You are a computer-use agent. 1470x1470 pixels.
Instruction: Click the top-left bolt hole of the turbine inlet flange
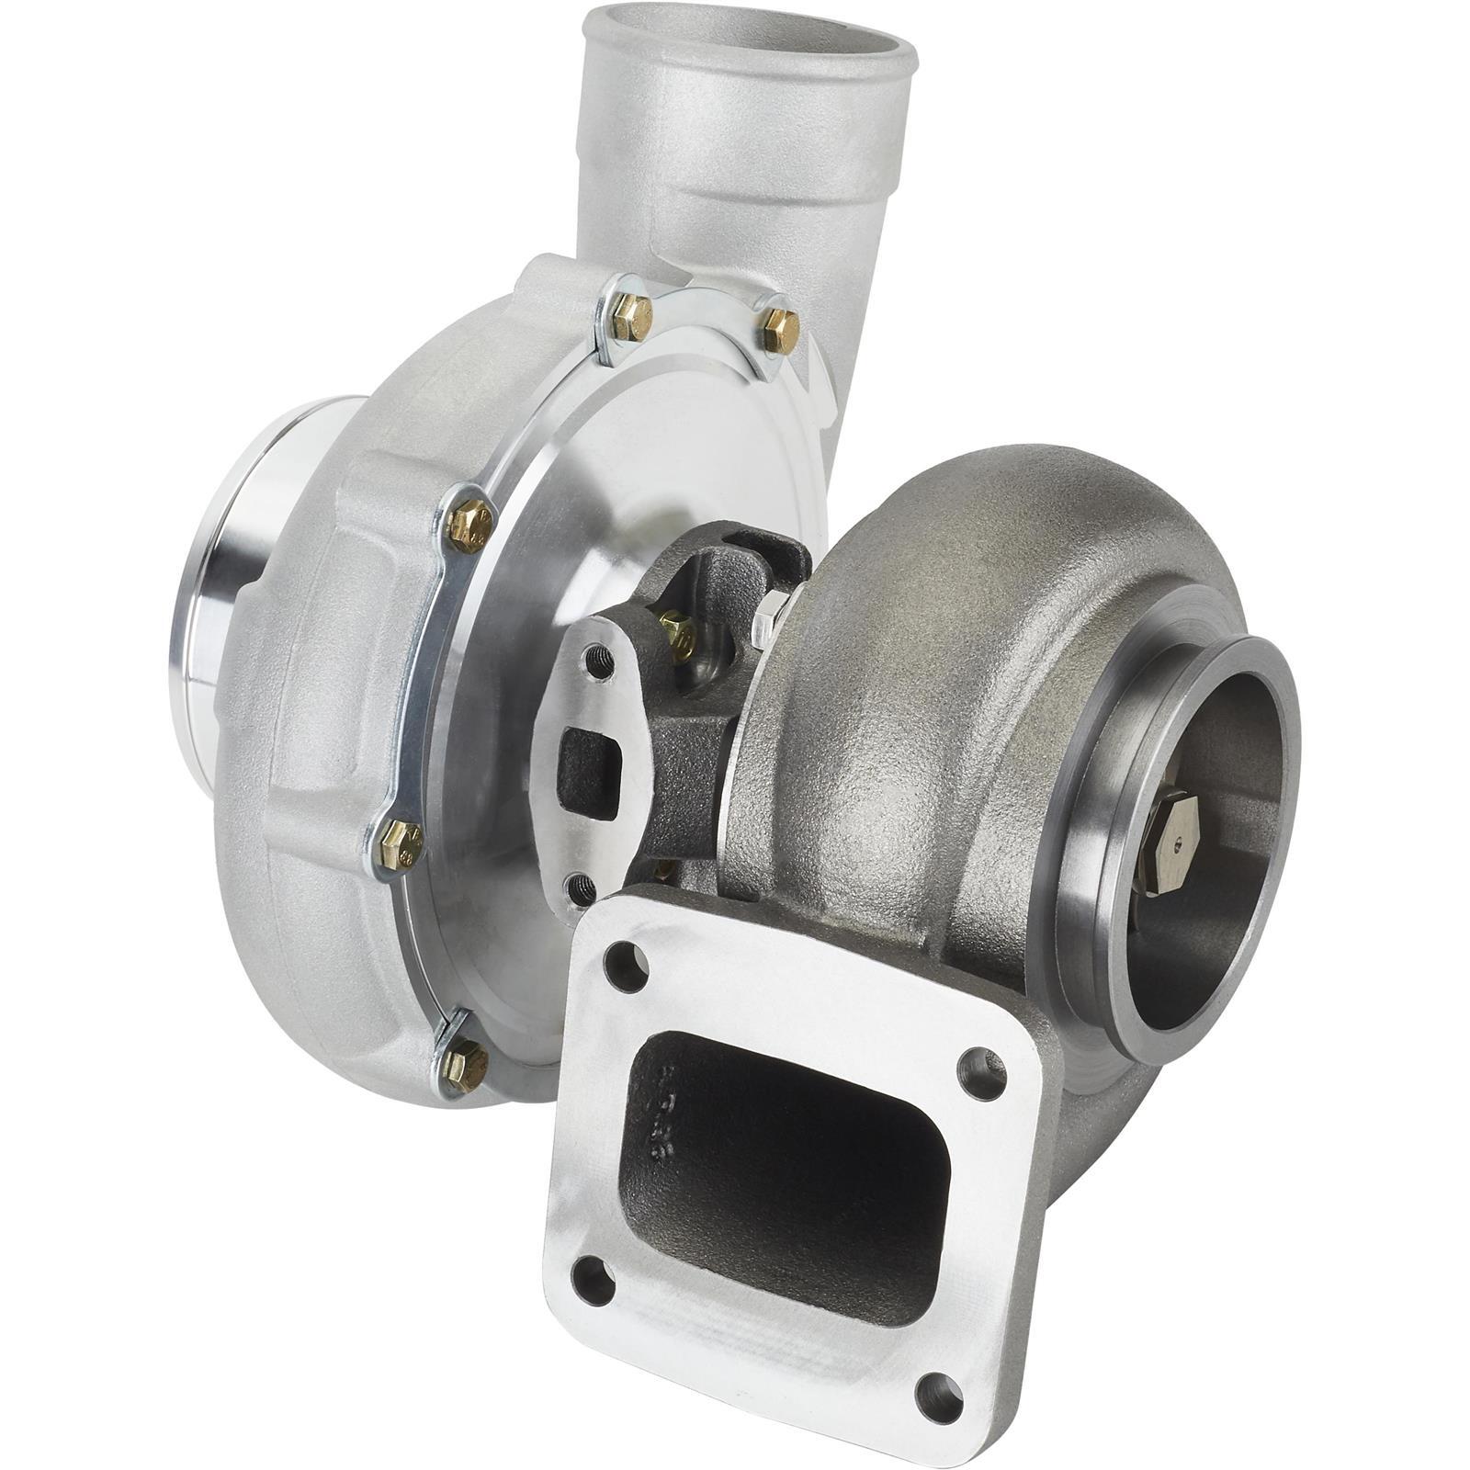[627, 967]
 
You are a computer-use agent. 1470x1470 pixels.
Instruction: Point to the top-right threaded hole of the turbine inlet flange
[981, 1074]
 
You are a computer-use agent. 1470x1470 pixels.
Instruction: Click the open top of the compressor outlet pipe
[749, 37]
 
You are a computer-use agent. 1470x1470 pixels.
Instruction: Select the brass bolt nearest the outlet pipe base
[632, 317]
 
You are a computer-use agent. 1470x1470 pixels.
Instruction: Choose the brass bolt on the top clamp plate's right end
[779, 330]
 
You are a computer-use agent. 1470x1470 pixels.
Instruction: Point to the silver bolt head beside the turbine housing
[769, 617]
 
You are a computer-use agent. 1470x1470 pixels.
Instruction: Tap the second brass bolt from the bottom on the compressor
[401, 843]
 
